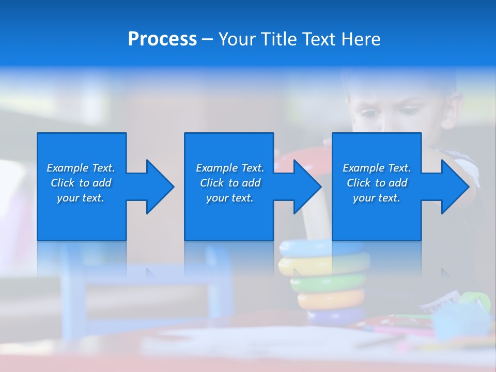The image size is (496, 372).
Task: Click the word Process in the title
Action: (162, 39)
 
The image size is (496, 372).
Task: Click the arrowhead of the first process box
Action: (160, 187)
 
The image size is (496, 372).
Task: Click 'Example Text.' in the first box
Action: (81, 168)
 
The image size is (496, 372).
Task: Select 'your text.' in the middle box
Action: (229, 198)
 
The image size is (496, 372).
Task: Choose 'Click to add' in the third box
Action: (377, 183)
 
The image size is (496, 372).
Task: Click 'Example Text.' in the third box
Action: (377, 168)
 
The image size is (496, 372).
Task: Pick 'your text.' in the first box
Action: (81, 198)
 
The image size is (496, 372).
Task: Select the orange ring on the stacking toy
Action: (331, 300)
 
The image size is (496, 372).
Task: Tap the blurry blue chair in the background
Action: (145, 289)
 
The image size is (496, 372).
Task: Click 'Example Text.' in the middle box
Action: (229, 168)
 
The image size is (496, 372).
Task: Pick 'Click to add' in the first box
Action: (81, 183)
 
